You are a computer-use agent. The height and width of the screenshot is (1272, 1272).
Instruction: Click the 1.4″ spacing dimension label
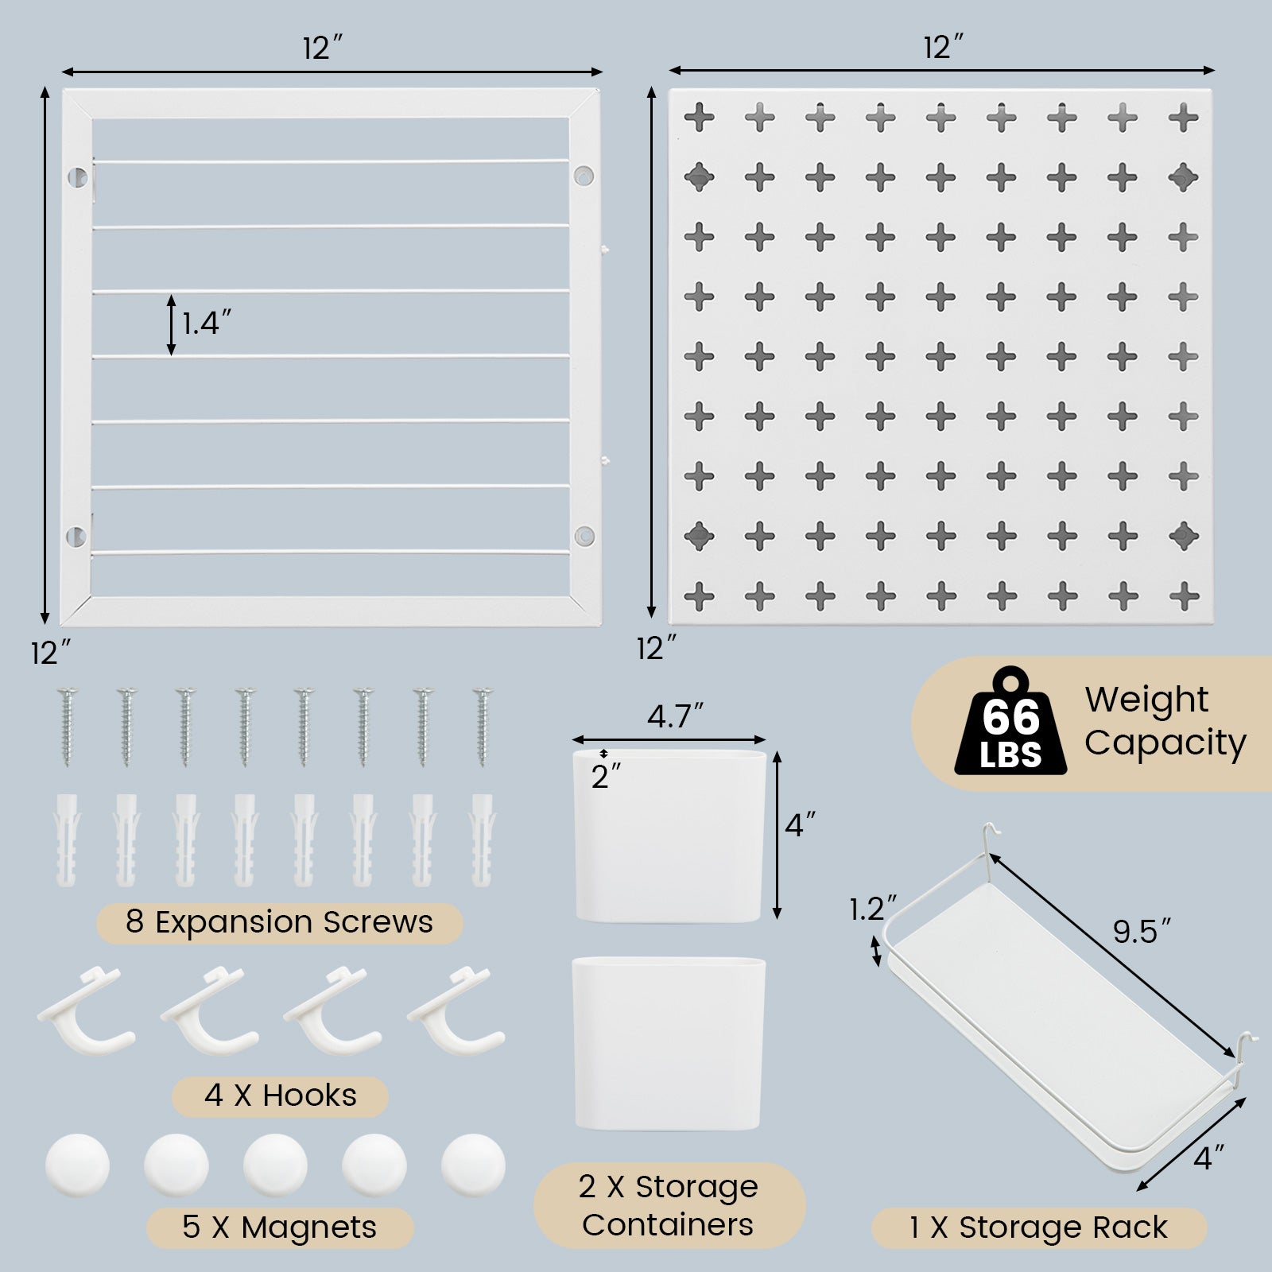pos(207,324)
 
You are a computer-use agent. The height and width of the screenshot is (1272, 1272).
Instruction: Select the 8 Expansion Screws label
pos(279,922)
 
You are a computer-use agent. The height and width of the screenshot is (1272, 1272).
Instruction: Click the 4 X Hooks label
pos(280,1096)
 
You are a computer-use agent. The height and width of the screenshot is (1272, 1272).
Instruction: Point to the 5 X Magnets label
pos(279,1227)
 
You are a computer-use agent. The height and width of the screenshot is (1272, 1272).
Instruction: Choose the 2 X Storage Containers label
pos(668,1205)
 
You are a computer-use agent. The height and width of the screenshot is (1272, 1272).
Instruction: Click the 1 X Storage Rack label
pos(1038,1227)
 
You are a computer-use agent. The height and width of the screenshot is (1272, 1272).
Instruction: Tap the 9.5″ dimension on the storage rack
pos(1142,931)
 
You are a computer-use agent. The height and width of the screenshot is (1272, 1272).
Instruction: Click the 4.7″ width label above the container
pos(675,716)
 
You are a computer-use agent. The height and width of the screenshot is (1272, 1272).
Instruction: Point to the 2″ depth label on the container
pos(606,776)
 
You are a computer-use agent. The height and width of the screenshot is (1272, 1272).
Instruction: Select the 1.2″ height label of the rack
pos(872,909)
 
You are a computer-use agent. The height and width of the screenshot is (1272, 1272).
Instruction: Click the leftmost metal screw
pos(66,727)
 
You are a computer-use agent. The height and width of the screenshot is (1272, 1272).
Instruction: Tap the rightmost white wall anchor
pos(482,840)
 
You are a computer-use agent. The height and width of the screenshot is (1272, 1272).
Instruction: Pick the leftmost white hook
pos(86,1010)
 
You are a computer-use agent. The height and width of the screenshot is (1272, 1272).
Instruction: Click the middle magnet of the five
pos(275,1165)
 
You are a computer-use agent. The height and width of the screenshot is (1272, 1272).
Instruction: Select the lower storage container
pos(669,1043)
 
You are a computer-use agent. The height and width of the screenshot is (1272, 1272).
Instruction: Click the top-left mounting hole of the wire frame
pos(77,176)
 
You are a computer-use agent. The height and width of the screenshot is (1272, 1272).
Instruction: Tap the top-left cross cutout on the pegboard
pos(700,118)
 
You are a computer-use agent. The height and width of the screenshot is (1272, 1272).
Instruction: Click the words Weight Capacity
pos(1165,721)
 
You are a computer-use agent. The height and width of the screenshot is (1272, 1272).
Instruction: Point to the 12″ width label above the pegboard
pos(943,48)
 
